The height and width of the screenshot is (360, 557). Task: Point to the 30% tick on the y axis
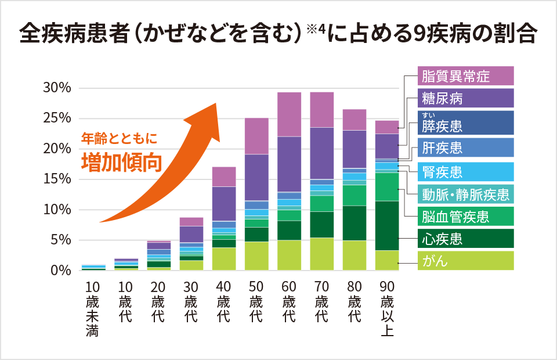(x=57, y=88)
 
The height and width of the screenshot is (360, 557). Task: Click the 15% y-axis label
(x=57, y=179)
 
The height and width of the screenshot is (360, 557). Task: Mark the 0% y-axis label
(x=60, y=271)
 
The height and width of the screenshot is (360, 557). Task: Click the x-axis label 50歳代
(x=256, y=302)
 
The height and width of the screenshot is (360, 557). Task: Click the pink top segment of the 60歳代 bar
(x=289, y=114)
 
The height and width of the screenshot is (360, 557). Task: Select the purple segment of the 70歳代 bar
(x=322, y=153)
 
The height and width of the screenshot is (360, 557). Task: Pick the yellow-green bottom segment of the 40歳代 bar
(x=224, y=259)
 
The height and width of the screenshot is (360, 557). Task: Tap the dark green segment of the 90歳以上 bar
(x=387, y=225)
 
